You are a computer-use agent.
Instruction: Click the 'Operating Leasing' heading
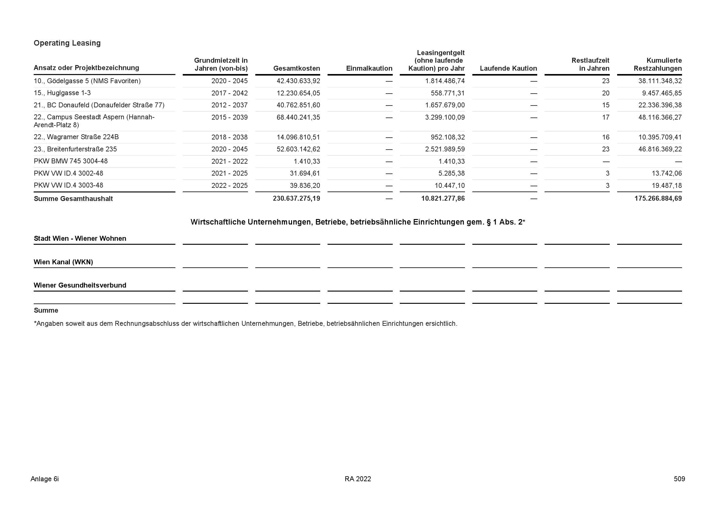point(67,43)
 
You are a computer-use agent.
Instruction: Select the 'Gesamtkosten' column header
point(297,68)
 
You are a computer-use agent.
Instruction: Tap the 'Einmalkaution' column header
point(369,68)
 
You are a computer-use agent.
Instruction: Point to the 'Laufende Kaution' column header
point(508,68)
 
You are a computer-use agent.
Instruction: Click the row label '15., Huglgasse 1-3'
point(62,93)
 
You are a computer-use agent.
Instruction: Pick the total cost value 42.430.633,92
point(298,81)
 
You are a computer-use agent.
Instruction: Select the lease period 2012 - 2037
point(230,105)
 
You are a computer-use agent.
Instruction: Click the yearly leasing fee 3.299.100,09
point(445,117)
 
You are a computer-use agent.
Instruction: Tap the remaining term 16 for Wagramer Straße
point(605,137)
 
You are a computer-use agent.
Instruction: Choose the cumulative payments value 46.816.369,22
point(660,149)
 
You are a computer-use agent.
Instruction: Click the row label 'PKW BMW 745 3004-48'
point(70,161)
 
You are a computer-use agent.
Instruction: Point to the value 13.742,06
point(666,173)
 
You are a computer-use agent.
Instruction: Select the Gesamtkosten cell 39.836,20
point(305,185)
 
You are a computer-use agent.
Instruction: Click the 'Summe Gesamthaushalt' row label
point(73,199)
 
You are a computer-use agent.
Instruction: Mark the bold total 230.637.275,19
point(296,199)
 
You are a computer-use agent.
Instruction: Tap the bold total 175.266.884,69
point(658,199)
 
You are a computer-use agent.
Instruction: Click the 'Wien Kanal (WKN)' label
point(63,262)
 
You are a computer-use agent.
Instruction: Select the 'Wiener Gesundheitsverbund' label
point(80,285)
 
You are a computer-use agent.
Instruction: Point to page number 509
point(679,479)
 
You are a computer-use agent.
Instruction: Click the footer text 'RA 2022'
point(358,479)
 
